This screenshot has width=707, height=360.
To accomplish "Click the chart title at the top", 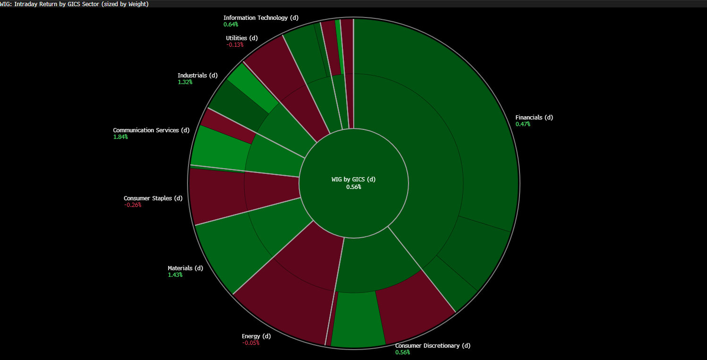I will [75, 4].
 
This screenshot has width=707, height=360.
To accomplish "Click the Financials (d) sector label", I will [534, 118].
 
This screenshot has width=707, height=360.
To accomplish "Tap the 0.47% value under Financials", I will [522, 124].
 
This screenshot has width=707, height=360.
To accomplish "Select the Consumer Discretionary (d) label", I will [433, 346].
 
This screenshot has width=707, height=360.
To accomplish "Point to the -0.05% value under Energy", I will [250, 343].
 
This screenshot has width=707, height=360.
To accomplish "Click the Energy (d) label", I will [256, 336].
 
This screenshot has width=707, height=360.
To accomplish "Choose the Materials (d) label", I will [185, 268].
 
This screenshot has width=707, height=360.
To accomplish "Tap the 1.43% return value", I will [175, 275].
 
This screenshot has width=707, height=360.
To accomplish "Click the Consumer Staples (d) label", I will [153, 198].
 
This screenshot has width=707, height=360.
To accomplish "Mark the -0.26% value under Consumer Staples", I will [133, 205].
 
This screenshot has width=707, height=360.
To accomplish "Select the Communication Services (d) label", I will [151, 130].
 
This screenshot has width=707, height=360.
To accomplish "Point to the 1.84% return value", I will [120, 137].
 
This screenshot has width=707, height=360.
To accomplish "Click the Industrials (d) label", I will [197, 76].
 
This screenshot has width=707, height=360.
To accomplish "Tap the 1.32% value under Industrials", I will [185, 82].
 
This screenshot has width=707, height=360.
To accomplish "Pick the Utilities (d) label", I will [242, 38].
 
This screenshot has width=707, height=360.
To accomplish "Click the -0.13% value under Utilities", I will [235, 45].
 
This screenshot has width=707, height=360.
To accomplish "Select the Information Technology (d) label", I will [261, 18].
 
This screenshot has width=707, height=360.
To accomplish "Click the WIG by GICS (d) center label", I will [353, 180].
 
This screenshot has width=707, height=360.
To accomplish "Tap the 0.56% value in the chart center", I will [353, 187].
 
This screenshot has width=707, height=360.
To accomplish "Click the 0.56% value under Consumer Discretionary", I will [402, 352].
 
